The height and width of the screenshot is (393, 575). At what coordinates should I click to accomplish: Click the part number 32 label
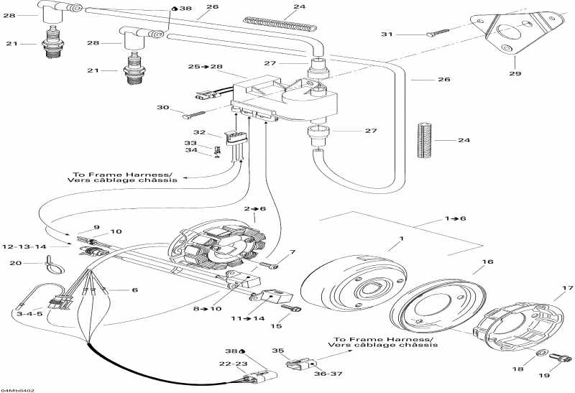coord(199,133)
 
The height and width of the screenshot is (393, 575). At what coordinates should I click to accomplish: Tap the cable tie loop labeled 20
coord(52,269)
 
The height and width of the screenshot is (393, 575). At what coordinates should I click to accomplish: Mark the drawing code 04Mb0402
coord(18,389)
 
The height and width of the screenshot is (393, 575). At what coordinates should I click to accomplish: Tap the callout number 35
coord(277,351)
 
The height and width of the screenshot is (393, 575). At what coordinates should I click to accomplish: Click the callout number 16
coord(487,262)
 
